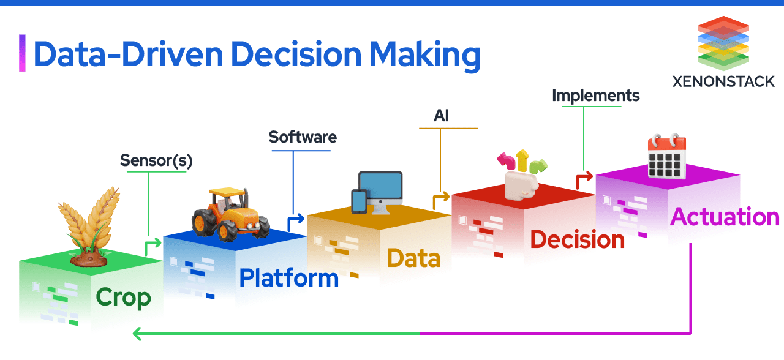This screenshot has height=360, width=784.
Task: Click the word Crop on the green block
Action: pyautogui.click(x=123, y=298)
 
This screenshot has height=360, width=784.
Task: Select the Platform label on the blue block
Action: pyautogui.click(x=288, y=278)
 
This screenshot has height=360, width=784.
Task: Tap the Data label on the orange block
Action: pyautogui.click(x=413, y=258)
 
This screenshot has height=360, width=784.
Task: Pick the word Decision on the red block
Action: pyautogui.click(x=577, y=239)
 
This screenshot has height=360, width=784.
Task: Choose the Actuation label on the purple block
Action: pyautogui.click(x=725, y=217)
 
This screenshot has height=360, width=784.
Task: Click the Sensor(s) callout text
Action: pyautogui.click(x=156, y=160)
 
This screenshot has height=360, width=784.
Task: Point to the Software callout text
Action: pyautogui.click(x=303, y=137)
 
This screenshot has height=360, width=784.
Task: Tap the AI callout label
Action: pyautogui.click(x=441, y=116)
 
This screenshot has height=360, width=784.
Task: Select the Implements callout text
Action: pyautogui.click(x=595, y=96)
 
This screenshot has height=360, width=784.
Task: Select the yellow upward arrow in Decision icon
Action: pyautogui.click(x=522, y=160)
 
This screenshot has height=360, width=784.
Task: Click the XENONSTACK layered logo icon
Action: pyautogui.click(x=723, y=43)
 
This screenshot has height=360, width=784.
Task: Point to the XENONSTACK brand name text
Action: pyautogui.click(x=723, y=81)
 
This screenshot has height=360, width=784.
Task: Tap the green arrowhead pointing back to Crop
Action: pyautogui.click(x=137, y=334)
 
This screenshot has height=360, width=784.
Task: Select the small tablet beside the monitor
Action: pyautogui.click(x=359, y=201)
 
